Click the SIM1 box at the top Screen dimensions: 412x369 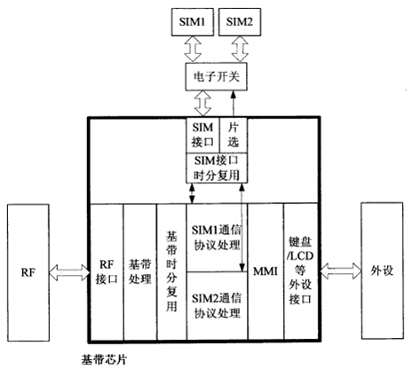(x=193, y=22)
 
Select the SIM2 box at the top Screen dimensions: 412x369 (x=240, y=22)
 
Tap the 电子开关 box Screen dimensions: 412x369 (x=217, y=76)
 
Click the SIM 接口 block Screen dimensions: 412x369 (x=202, y=135)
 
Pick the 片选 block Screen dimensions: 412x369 (x=234, y=135)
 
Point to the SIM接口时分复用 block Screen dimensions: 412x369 (x=217, y=168)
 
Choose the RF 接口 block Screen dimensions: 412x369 (x=107, y=271)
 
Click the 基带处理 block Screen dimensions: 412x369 (x=140, y=271)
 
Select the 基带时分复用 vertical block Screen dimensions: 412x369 (x=171, y=271)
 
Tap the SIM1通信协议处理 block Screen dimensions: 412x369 (x=217, y=238)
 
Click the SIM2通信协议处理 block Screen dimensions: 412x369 (x=217, y=306)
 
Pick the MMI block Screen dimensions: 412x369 (x=265, y=271)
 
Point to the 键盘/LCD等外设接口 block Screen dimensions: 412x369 (x=301, y=271)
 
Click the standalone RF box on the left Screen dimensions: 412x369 (x=28, y=272)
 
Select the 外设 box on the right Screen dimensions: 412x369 (x=382, y=271)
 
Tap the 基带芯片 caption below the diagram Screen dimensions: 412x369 (x=104, y=360)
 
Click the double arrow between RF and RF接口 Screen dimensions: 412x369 (x=69, y=272)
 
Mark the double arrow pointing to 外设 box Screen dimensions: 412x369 (x=340, y=271)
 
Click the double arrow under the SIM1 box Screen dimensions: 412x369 (x=193, y=49)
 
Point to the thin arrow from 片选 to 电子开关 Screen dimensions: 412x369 (x=234, y=104)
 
